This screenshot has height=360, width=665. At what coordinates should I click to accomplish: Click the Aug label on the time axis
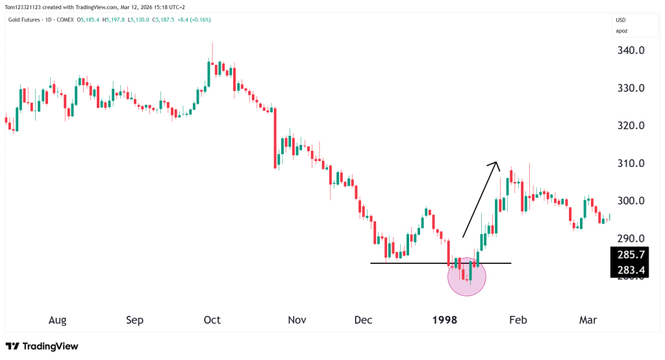[57, 320]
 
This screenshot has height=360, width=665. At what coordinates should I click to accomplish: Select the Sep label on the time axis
[134, 320]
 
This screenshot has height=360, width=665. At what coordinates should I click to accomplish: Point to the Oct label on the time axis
[212, 320]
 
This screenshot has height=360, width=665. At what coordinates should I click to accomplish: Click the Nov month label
[297, 320]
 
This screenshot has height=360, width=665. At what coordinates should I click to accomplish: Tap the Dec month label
[364, 320]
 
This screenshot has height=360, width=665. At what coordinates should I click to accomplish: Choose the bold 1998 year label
[445, 320]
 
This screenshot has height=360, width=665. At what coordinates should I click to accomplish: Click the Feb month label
[518, 320]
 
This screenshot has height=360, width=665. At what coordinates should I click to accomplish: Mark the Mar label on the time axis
[588, 320]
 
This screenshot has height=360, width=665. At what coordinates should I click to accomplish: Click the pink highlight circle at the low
[467, 276]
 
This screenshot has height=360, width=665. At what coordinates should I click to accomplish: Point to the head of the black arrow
[496, 162]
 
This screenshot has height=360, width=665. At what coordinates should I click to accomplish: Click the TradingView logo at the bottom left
[42, 346]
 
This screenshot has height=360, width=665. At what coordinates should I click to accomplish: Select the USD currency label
[621, 20]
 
